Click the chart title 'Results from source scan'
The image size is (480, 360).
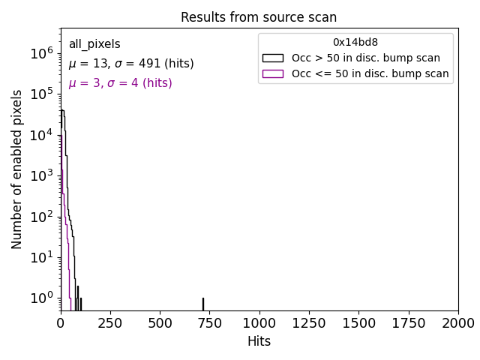click(259, 17)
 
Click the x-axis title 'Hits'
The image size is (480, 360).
click(259, 341)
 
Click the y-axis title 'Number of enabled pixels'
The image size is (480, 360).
click(17, 169)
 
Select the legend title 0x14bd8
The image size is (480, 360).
click(355, 42)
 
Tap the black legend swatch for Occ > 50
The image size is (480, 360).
click(272, 58)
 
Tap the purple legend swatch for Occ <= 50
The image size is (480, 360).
click(272, 73)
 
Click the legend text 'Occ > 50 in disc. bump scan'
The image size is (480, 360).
click(366, 58)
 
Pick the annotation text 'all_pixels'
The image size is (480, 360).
click(94, 44)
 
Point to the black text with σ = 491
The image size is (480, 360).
click(131, 64)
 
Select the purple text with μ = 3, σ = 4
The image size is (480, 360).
click(120, 83)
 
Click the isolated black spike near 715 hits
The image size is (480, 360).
click(202, 304)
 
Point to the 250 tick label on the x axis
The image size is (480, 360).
click(110, 322)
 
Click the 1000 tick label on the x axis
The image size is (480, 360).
click(259, 322)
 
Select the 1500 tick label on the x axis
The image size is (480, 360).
click(358, 322)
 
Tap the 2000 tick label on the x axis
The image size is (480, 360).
click(457, 322)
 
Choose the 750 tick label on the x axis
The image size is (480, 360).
click(209, 322)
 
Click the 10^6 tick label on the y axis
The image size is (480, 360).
click(41, 53)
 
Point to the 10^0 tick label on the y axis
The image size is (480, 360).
click(41, 298)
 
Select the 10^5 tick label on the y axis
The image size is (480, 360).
click(41, 94)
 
